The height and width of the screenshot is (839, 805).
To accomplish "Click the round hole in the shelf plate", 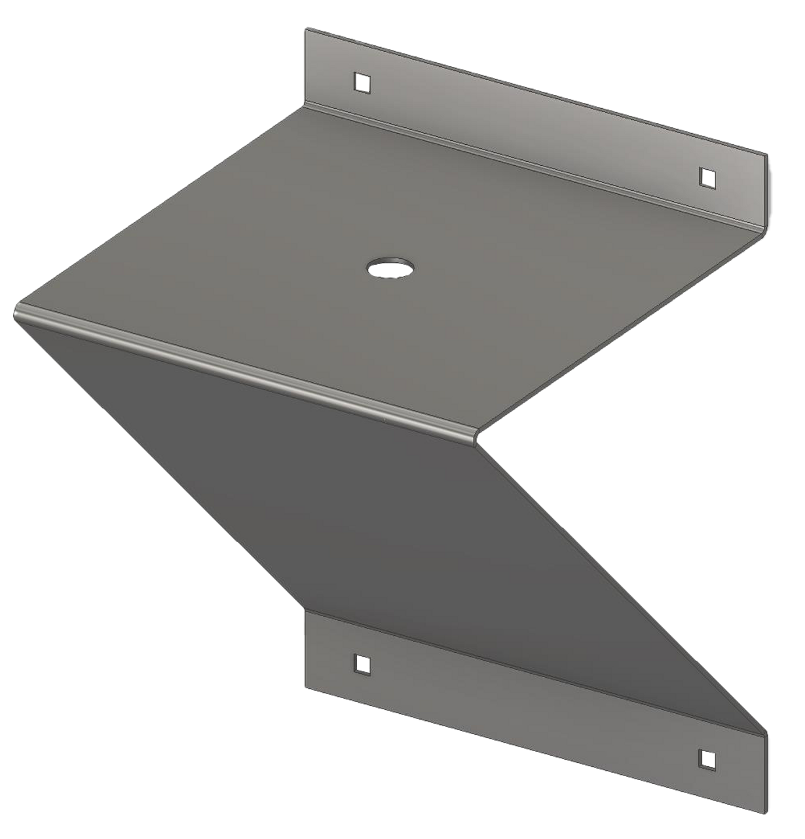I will click(390, 267).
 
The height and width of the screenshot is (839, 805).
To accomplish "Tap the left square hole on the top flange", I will click(360, 82).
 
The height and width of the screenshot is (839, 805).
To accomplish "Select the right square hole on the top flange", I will click(707, 176).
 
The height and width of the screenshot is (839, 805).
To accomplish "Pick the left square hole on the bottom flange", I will click(360, 663).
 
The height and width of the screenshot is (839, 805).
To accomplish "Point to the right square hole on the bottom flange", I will click(707, 758).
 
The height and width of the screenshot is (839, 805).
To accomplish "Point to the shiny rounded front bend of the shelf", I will click(249, 367).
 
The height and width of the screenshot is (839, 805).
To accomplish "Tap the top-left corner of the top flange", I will click(305, 28).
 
